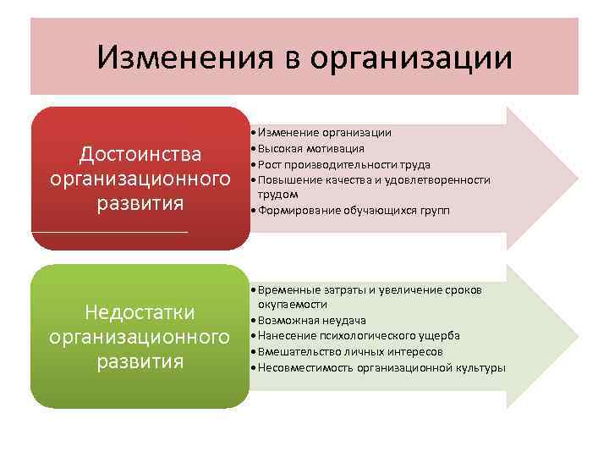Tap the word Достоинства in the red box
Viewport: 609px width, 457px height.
[x=140, y=154]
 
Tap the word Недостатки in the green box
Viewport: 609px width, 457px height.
[x=140, y=312]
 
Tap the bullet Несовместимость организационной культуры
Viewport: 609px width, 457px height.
[x=381, y=367]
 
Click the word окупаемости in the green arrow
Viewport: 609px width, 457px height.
[x=293, y=304]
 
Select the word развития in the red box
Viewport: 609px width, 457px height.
[x=140, y=205]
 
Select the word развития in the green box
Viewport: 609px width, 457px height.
[x=140, y=362]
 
